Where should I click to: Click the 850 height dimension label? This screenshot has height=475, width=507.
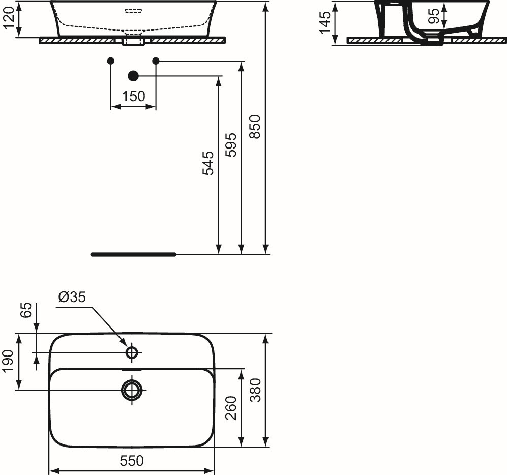(x=256, y=127)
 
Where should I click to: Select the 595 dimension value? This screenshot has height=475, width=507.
(x=231, y=145)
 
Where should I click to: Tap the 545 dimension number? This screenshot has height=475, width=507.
(x=208, y=163)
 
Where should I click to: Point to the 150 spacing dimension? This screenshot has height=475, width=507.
(x=134, y=96)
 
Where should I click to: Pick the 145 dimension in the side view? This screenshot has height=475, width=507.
(x=325, y=22)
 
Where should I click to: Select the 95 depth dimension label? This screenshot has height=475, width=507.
(x=434, y=16)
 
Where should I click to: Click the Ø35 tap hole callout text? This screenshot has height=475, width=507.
(x=72, y=297)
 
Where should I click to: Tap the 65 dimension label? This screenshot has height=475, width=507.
(x=26, y=310)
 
